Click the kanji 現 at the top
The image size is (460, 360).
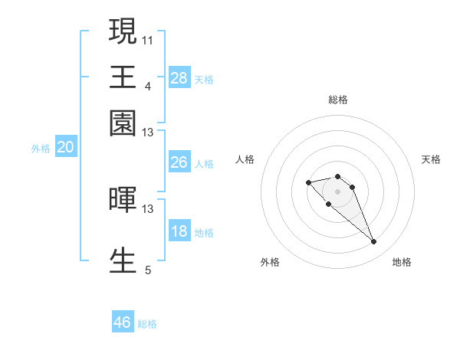(x=123, y=32)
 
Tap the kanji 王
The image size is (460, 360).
(x=123, y=77)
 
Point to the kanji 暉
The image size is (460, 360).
(x=123, y=198)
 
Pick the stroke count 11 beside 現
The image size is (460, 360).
(x=147, y=39)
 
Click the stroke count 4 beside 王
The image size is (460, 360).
(x=147, y=85)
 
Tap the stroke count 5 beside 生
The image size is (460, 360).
(x=147, y=270)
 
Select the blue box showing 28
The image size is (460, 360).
(x=179, y=77)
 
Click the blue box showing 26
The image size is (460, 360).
(x=179, y=162)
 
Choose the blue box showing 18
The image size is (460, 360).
(x=179, y=232)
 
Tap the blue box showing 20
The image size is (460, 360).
(x=65, y=148)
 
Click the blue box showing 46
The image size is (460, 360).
(x=123, y=322)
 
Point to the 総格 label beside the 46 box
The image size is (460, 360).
(x=147, y=324)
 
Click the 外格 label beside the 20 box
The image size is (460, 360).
(x=41, y=149)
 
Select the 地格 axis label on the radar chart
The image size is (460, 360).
(x=402, y=262)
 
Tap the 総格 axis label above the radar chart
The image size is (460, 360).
(x=337, y=100)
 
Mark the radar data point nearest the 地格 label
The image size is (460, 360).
(x=374, y=242)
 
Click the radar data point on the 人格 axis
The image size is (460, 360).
(x=308, y=182)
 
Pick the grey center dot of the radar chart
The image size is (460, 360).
(x=337, y=191)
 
